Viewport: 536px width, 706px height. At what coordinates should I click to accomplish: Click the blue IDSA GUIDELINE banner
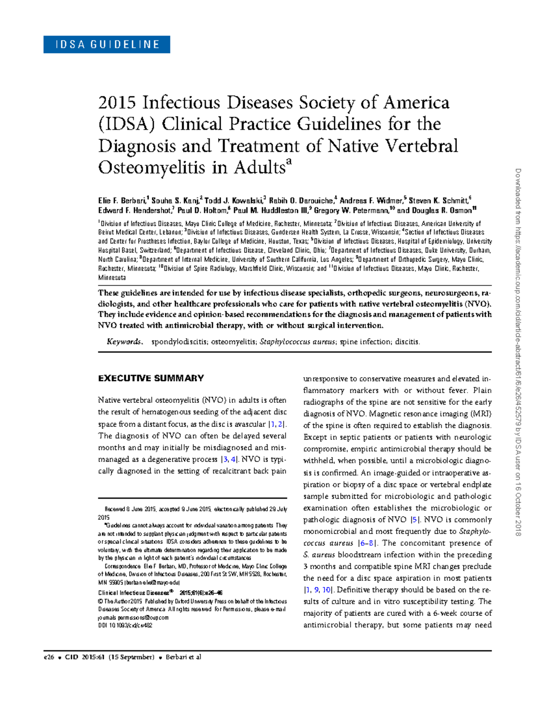106,45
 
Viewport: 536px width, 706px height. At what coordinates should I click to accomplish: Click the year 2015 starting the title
117,103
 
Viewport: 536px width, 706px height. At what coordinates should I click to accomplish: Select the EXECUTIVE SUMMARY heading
151,378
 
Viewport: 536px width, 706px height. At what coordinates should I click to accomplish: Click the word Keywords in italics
124,342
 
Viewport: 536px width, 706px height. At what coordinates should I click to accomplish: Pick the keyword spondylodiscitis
179,342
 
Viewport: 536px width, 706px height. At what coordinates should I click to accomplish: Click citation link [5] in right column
415,520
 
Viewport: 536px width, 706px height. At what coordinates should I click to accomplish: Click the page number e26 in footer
49,657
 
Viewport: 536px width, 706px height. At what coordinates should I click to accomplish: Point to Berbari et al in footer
183,657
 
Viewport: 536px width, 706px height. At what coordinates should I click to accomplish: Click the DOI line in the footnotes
125,626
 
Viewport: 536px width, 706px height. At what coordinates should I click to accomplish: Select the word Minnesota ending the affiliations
112,278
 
